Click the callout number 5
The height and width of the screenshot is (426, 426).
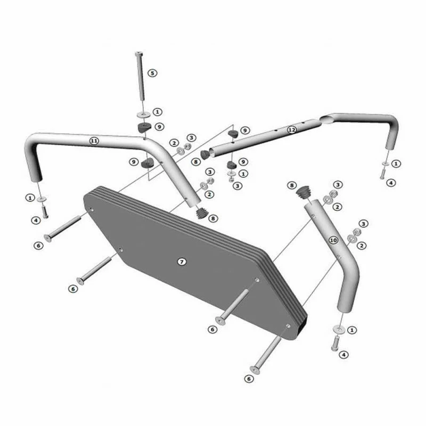152,73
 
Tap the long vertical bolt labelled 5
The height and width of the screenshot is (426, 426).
141,76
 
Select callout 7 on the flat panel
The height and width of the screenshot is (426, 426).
182,261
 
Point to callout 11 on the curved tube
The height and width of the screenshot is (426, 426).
94,141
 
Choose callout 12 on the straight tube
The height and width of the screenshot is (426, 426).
291,130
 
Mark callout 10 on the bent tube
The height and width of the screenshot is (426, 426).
333,240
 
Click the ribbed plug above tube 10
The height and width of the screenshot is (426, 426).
303,193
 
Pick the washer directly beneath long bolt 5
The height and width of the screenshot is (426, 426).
143,114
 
